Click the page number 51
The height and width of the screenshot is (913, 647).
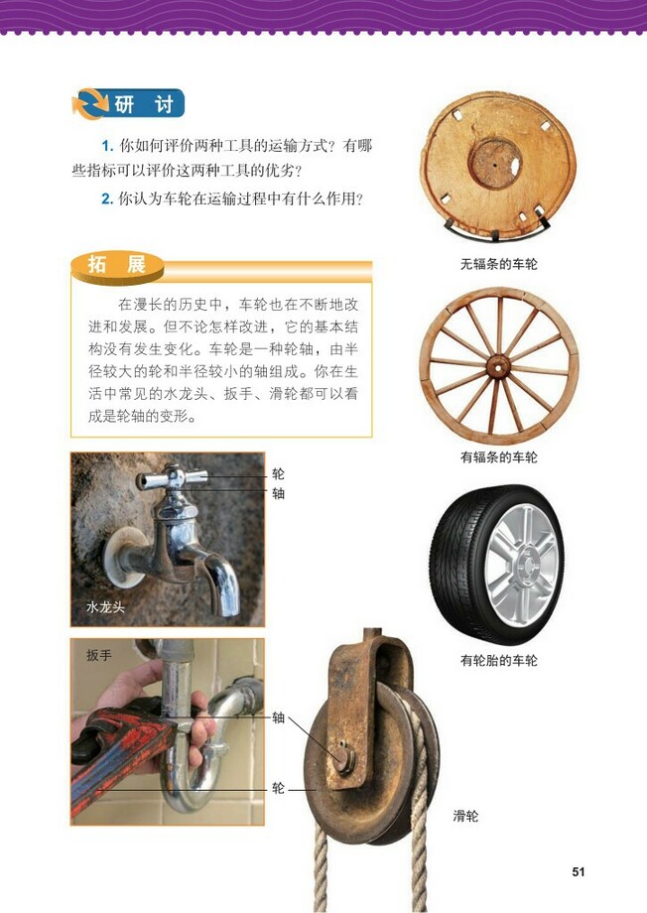click(x=579, y=871)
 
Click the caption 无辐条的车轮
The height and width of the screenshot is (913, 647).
click(x=498, y=265)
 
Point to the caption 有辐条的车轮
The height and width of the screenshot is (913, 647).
click(x=498, y=457)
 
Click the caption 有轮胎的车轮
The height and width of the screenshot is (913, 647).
click(x=498, y=660)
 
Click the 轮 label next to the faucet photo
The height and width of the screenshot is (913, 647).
click(x=278, y=474)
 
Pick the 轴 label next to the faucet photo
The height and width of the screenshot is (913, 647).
click(x=278, y=492)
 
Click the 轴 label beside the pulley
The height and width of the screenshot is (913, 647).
click(x=278, y=717)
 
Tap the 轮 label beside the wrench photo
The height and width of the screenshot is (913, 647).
click(x=278, y=788)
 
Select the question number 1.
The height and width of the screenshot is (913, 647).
click(x=106, y=146)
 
